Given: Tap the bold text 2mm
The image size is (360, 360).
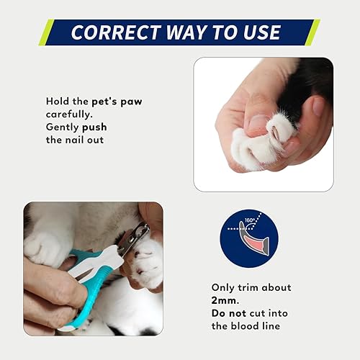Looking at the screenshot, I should [225, 300].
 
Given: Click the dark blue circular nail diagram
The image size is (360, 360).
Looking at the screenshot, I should [248, 238].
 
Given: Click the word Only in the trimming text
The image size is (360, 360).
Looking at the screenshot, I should [224, 287].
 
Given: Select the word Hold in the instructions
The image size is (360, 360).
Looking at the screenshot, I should [58, 102].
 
